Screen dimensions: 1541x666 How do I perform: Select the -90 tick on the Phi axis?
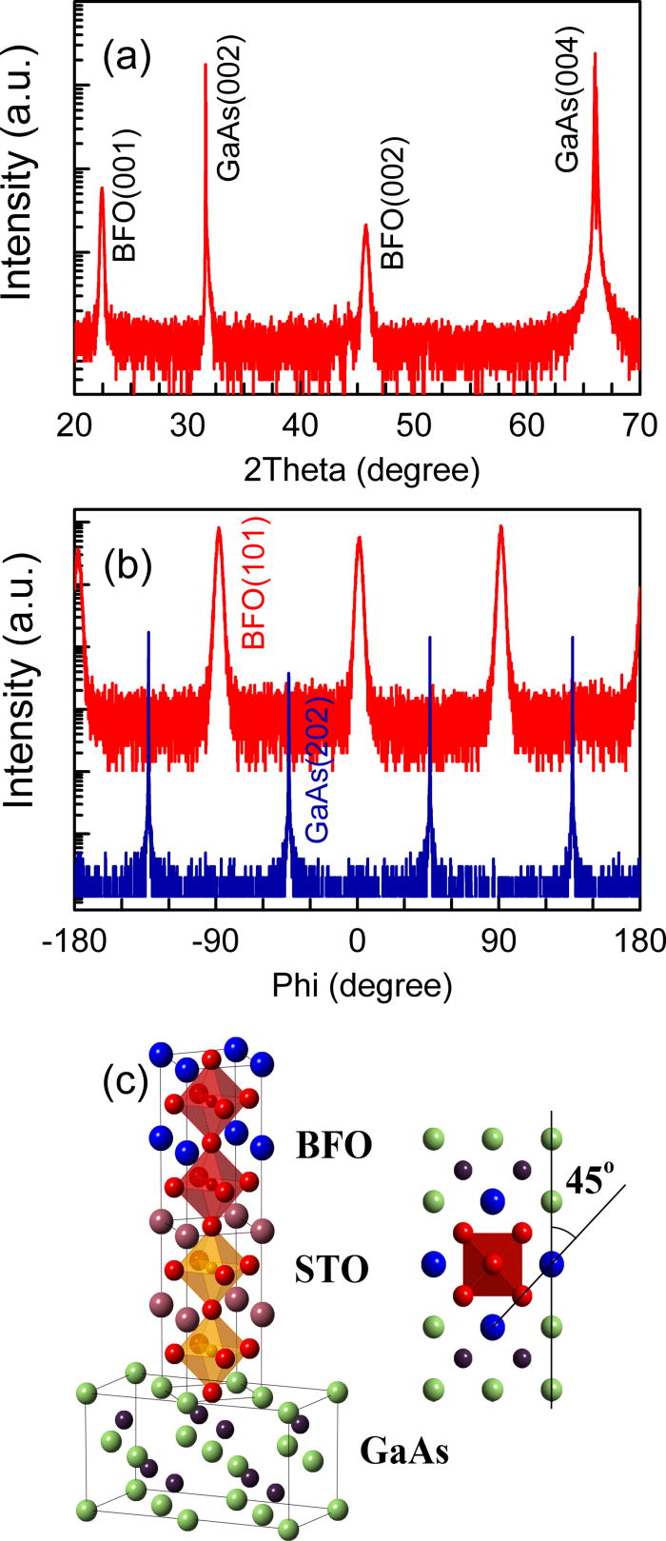[216, 940]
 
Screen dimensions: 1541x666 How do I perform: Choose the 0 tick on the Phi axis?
[358, 940]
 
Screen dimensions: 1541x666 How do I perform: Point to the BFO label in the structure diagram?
[332, 1145]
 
